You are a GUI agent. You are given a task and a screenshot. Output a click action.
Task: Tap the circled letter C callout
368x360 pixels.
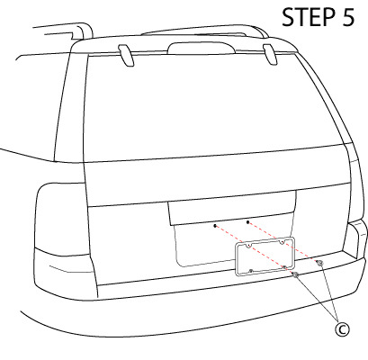pyautogui.click(x=341, y=330)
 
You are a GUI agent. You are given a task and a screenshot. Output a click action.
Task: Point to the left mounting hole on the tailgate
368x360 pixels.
pyautogui.click(x=214, y=225)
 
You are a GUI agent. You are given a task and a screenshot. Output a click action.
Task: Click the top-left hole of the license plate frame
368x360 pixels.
pyautogui.click(x=248, y=247)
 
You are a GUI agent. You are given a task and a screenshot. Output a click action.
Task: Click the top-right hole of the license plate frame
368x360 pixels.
pyautogui.click(x=282, y=241)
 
